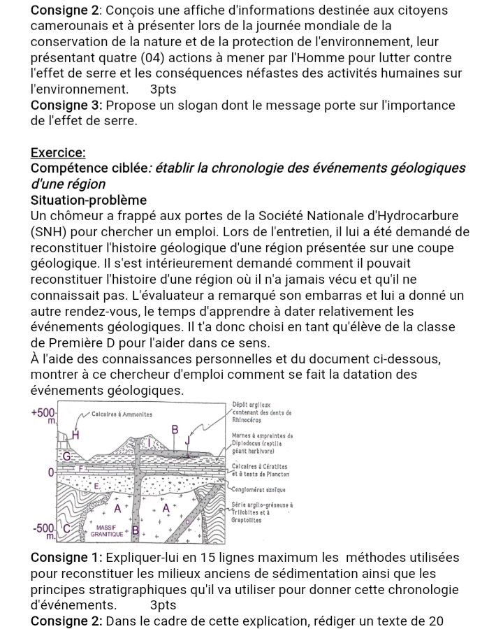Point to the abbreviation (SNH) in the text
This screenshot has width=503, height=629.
(52, 231)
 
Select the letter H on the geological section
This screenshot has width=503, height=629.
(75, 435)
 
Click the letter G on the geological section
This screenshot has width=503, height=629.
(67, 456)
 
